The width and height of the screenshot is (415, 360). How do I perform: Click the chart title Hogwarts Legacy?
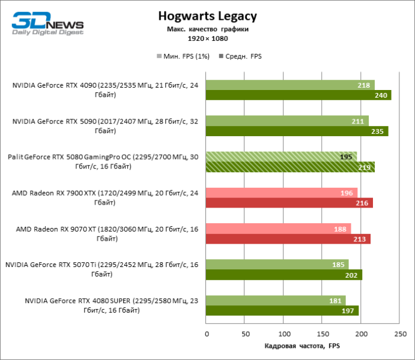pos(207,16)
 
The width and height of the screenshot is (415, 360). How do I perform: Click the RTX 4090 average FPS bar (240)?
pos(298,95)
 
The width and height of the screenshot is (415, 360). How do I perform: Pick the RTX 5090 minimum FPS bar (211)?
pos(287,121)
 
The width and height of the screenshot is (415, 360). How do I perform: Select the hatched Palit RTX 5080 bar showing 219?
pos(290,167)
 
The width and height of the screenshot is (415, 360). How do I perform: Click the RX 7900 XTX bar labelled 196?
pos(282,193)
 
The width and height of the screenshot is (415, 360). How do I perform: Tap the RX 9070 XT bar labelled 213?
pos(288,239)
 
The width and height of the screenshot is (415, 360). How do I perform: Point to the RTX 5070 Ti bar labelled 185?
pos(277,265)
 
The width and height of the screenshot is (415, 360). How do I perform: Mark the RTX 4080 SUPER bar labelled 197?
pos(282,311)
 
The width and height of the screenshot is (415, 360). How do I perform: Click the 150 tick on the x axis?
pos(323,334)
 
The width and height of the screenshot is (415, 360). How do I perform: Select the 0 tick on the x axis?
pos(207,334)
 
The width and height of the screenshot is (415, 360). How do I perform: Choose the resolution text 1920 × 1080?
pos(207,38)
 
